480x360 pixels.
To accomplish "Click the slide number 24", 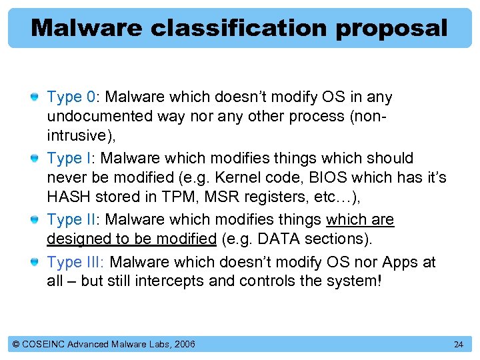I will click(458, 344).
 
